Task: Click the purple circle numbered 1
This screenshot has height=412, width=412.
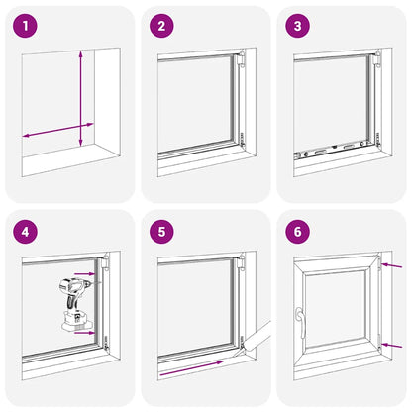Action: click(25, 26)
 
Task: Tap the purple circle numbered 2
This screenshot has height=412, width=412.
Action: click(161, 26)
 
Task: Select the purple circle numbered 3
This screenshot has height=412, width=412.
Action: click(298, 26)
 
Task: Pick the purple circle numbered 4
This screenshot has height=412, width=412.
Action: click(25, 232)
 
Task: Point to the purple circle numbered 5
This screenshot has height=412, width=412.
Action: click(161, 232)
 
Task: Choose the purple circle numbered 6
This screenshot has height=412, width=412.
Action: click(298, 232)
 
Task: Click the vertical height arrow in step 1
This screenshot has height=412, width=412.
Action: click(81, 98)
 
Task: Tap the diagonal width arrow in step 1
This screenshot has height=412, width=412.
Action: click(58, 130)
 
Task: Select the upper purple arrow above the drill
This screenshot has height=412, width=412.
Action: click(84, 273)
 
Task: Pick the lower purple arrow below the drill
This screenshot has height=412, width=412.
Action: click(84, 333)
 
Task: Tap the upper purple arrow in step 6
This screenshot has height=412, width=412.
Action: click(391, 265)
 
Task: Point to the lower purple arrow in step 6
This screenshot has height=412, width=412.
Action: click(391, 346)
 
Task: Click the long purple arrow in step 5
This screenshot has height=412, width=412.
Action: click(192, 368)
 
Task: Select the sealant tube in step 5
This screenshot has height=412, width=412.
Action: click(255, 339)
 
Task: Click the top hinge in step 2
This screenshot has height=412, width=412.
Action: click(242, 58)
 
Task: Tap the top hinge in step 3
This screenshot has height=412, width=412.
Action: click(377, 58)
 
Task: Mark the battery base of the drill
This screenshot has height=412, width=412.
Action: click(77, 322)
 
